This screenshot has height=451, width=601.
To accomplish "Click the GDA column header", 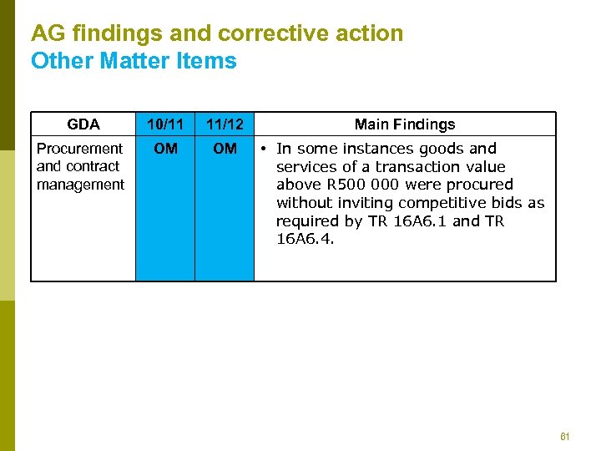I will click(83, 124).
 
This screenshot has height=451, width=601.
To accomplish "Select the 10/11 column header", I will click(165, 124).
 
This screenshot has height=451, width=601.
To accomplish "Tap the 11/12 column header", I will click(225, 124).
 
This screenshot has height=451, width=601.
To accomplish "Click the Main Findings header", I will click(405, 124).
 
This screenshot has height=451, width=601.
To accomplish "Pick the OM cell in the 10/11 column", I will click(165, 149).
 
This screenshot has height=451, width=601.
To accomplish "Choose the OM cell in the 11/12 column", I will click(225, 149).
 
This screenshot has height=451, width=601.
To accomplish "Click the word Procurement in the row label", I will click(79, 149).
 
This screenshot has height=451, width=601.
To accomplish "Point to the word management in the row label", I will click(80, 185).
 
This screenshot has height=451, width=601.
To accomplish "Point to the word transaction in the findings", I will click(407, 167).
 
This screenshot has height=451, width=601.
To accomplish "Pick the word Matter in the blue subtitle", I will click(124, 61).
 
